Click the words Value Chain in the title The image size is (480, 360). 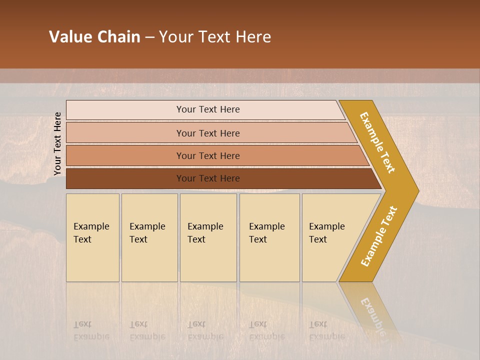tap(94, 37)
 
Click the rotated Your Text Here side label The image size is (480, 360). tap(57, 143)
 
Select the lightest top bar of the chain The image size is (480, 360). tap(125, 110)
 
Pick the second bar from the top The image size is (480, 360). tap(125, 133)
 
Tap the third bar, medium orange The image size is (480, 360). tap(125, 155)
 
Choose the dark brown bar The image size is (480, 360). tap(125, 178)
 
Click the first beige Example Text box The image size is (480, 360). tap(92, 260)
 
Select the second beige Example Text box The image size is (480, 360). tap(149, 260)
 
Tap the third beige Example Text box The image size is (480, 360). tap(208, 260)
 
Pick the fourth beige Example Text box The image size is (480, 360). tap(269, 260)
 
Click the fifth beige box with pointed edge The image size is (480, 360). tap(330, 260)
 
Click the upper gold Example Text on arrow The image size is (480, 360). tap(377, 142)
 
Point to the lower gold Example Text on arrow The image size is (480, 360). tap(378, 236)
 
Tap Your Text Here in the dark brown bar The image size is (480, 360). tap(208, 178)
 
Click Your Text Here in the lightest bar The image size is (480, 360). tap(208, 109)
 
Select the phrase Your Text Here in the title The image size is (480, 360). tap(215, 37)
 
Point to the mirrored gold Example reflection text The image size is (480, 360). tap(372, 315)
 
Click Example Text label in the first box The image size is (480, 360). tap(91, 232)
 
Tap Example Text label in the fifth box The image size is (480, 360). tap(326, 232)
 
